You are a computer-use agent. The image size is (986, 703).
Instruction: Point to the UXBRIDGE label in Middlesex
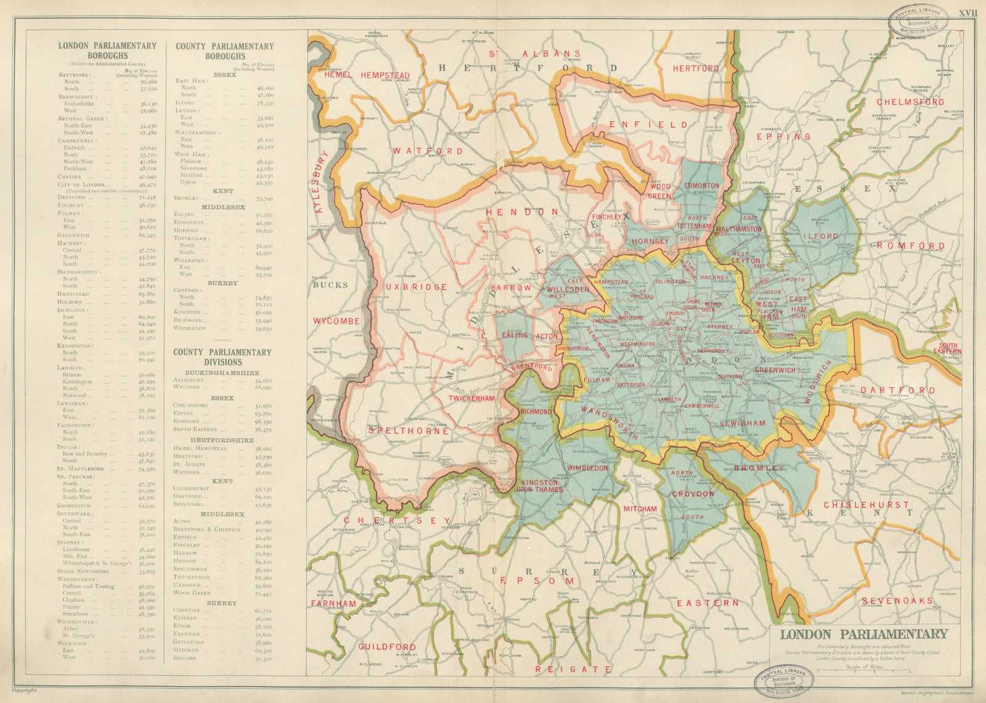click(417, 287)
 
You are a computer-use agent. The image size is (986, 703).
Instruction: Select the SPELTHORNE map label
click(409, 431)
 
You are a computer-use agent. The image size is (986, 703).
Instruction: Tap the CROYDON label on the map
click(693, 495)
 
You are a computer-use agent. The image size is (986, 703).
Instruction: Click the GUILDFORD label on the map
click(387, 647)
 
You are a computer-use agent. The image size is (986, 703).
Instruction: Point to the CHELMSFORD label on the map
click(910, 102)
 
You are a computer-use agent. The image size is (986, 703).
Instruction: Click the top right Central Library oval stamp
click(914, 23)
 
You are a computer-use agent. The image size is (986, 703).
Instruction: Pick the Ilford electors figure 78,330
click(265, 103)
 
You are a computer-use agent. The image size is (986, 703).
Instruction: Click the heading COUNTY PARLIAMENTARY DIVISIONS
click(222, 356)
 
